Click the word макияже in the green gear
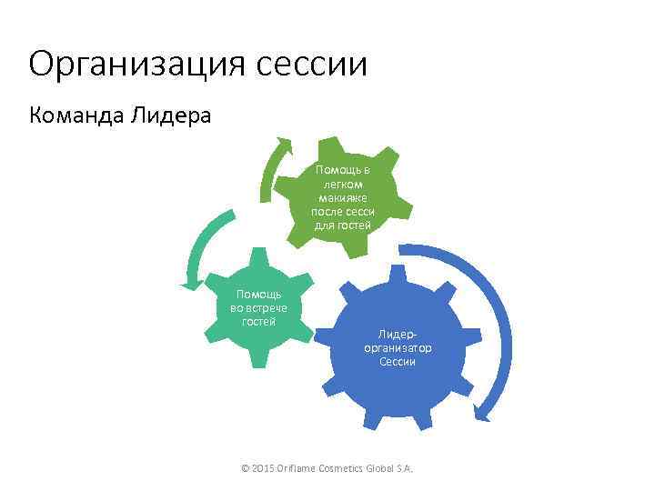click(x=342, y=197)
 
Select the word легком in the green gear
click(x=343, y=184)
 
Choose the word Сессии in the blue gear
click(x=398, y=362)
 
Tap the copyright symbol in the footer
click(x=245, y=468)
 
